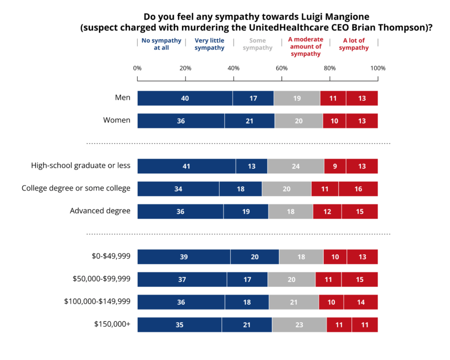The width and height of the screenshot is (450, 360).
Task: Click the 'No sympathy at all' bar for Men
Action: pos(185,99)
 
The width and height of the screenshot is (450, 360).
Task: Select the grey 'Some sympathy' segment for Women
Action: pos(298,121)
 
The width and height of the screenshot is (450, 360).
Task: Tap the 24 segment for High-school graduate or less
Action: pos(296,166)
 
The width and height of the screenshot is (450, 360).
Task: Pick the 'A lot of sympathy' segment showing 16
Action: pos(358,189)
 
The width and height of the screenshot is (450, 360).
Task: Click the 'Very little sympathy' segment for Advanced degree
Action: pos(246,212)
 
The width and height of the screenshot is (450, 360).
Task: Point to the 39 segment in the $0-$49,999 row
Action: pos(184,257)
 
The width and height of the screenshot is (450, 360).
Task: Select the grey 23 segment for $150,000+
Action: pos(299,325)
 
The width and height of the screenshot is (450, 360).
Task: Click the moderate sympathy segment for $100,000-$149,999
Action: pos(331,302)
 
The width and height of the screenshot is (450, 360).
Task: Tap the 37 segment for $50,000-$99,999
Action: pos(182,280)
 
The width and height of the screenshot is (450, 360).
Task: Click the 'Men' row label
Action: pos(122,97)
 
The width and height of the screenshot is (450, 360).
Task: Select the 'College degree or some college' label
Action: pos(76,188)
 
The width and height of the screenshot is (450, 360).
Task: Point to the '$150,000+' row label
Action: pos(112,324)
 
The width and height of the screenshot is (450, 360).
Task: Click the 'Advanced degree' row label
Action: pos(100,211)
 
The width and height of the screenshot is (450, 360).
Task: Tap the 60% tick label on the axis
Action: pos(282,68)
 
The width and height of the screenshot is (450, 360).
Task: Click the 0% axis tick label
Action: pos(137,68)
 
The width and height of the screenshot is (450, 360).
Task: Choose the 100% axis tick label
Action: pos(378,68)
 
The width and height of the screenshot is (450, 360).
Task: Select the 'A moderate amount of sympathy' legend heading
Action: pos(306,47)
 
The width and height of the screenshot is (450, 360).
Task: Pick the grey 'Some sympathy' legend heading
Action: pos(257,44)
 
